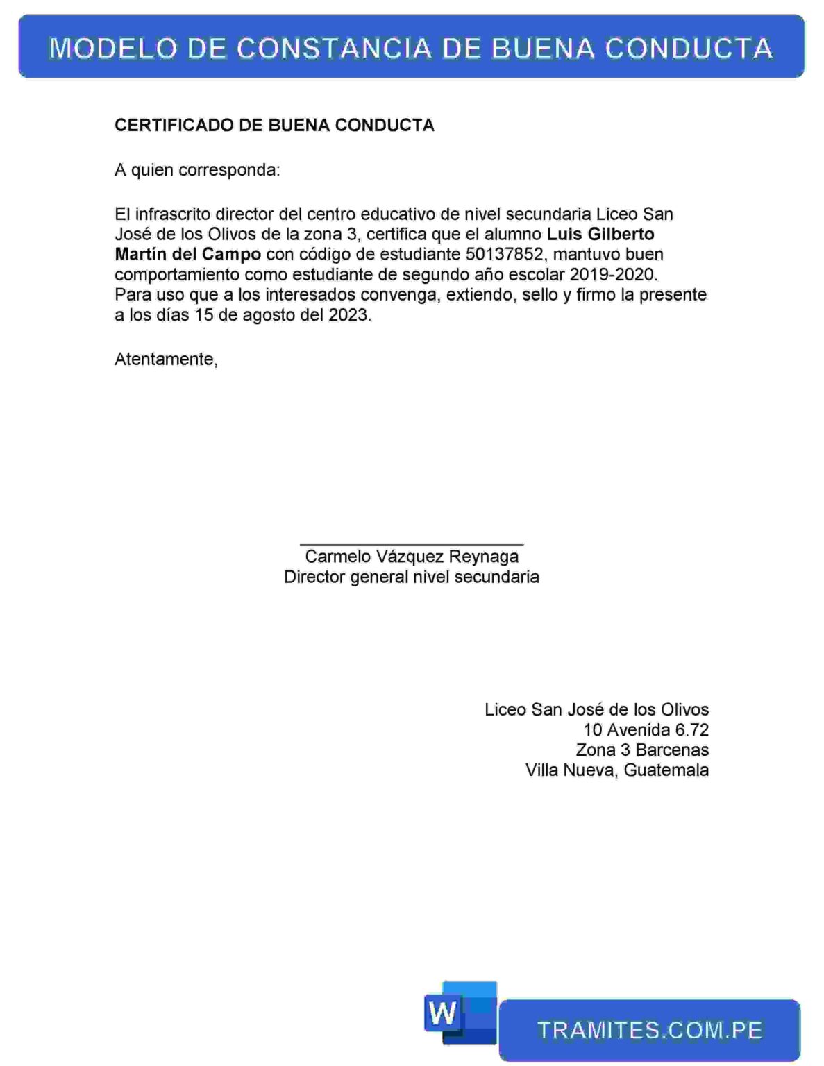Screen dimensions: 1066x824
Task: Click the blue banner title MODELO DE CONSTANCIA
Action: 411,47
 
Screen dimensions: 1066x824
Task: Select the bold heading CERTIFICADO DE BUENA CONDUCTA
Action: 274,125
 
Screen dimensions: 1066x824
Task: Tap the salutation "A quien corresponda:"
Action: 197,170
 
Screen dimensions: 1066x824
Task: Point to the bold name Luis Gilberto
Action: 600,234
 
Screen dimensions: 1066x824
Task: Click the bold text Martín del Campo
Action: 187,254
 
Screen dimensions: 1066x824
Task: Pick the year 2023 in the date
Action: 349,314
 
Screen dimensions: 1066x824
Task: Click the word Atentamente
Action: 165,359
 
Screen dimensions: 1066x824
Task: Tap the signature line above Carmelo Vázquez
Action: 412,545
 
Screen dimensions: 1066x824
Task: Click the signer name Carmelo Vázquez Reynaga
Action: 412,557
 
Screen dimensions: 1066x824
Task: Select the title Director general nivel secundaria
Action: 412,577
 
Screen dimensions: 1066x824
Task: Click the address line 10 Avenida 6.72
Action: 646,729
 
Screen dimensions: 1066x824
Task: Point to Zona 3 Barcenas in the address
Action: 642,750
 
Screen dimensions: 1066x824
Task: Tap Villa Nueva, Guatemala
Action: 617,770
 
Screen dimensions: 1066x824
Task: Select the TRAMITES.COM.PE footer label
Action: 650,1031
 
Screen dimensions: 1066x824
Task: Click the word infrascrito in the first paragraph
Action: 173,214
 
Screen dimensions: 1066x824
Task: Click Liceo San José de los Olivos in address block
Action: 596,709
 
